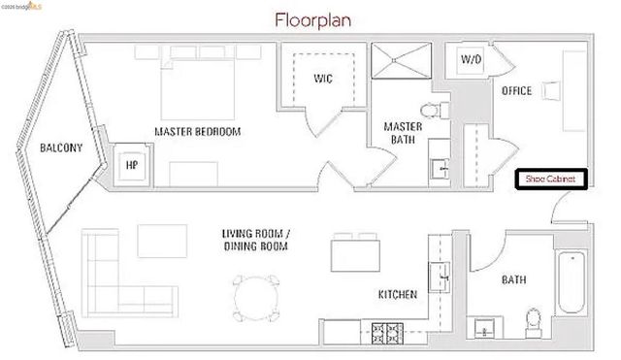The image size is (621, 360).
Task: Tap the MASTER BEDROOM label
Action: [198, 131]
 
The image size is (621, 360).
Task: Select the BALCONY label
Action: [60, 148]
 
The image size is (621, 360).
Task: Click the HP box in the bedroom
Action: [131, 165]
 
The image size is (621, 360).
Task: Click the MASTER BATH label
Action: [401, 133]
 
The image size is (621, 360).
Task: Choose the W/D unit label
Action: [471, 60]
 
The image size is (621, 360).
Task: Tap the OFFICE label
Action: [516, 91]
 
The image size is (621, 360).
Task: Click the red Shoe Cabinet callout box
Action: [551, 180]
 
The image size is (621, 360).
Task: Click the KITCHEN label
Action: [398, 294]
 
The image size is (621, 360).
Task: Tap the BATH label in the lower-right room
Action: [513, 280]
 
